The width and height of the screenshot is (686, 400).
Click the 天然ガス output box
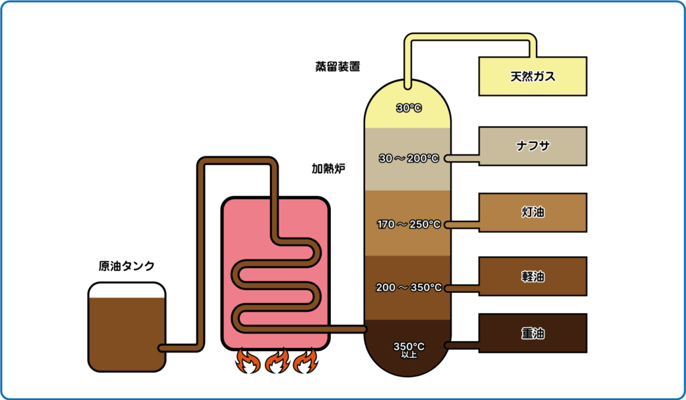533,76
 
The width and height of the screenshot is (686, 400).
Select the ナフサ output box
533,145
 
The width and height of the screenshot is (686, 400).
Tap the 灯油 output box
533,212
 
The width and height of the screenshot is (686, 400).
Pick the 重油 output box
533,332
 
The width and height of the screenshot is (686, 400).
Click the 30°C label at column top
409,107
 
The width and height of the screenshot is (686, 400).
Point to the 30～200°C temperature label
409,159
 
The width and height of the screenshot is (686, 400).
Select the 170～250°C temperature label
409,224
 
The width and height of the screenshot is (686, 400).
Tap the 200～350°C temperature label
409,288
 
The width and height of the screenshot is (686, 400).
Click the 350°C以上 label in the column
409,349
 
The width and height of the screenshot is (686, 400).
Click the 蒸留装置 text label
338,67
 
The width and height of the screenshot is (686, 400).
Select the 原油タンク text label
127,266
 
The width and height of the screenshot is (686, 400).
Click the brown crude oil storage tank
127,334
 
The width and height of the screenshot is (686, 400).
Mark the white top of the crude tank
127,290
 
